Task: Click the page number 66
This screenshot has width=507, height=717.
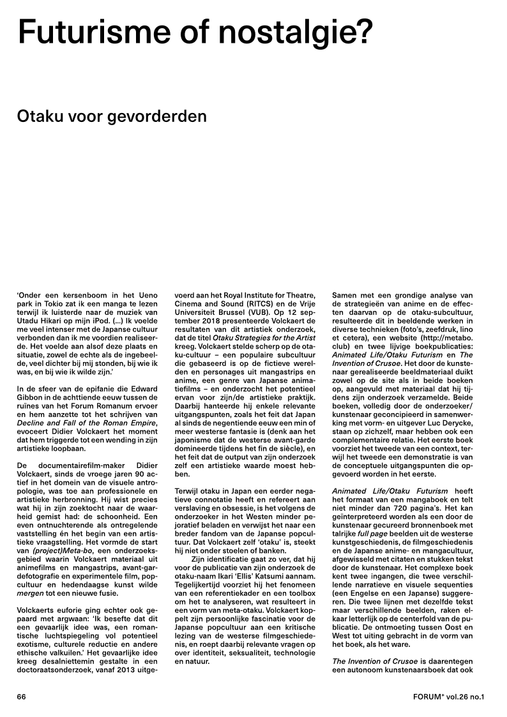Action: pos(22,697)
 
